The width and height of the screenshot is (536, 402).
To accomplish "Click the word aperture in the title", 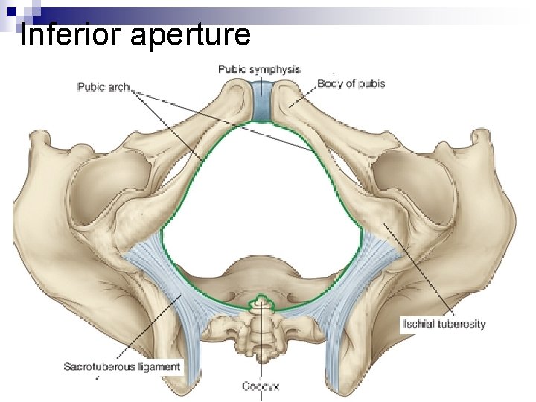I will pos(190,36).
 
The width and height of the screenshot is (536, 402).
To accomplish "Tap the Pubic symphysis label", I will pos(259,69).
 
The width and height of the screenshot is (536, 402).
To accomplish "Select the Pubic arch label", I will pos(103,87).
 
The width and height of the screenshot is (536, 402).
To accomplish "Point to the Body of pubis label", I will pos(351,83).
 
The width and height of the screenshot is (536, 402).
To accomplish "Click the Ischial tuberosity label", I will pos(444,324).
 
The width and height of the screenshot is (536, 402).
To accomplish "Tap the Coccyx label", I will pos(261,386).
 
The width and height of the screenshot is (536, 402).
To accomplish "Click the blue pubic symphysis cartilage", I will pos(261,101).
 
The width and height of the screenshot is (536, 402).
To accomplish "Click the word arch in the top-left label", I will pos(118,87).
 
